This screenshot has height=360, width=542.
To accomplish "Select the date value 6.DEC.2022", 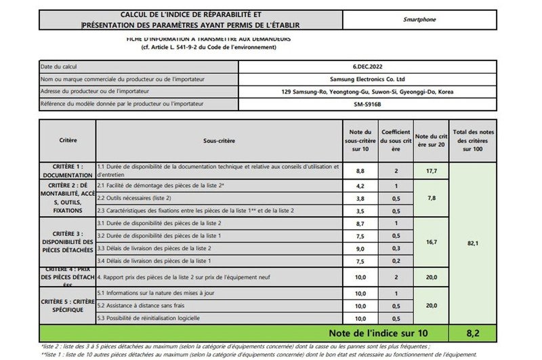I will pyautogui.click(x=367, y=66).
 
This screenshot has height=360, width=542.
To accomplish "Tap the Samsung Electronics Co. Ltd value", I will pyautogui.click(x=367, y=79).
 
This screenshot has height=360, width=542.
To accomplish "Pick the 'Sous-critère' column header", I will pyautogui.click(x=219, y=140).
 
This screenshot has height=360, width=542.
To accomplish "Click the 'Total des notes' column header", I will pyautogui.click(x=475, y=140).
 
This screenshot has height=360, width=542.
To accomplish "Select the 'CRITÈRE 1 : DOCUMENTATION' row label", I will pyautogui.click(x=66, y=170).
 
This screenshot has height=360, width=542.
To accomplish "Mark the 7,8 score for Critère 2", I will pyautogui.click(x=431, y=198).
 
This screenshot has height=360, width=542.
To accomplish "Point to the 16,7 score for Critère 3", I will pyautogui.click(x=431, y=242).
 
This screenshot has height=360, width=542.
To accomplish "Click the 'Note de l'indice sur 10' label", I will pyautogui.click(x=379, y=333).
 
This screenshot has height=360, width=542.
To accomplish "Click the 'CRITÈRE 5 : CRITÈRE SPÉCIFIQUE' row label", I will pyautogui.click(x=66, y=305).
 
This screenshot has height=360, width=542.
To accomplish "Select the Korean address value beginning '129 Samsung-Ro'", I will pyautogui.click(x=367, y=92).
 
